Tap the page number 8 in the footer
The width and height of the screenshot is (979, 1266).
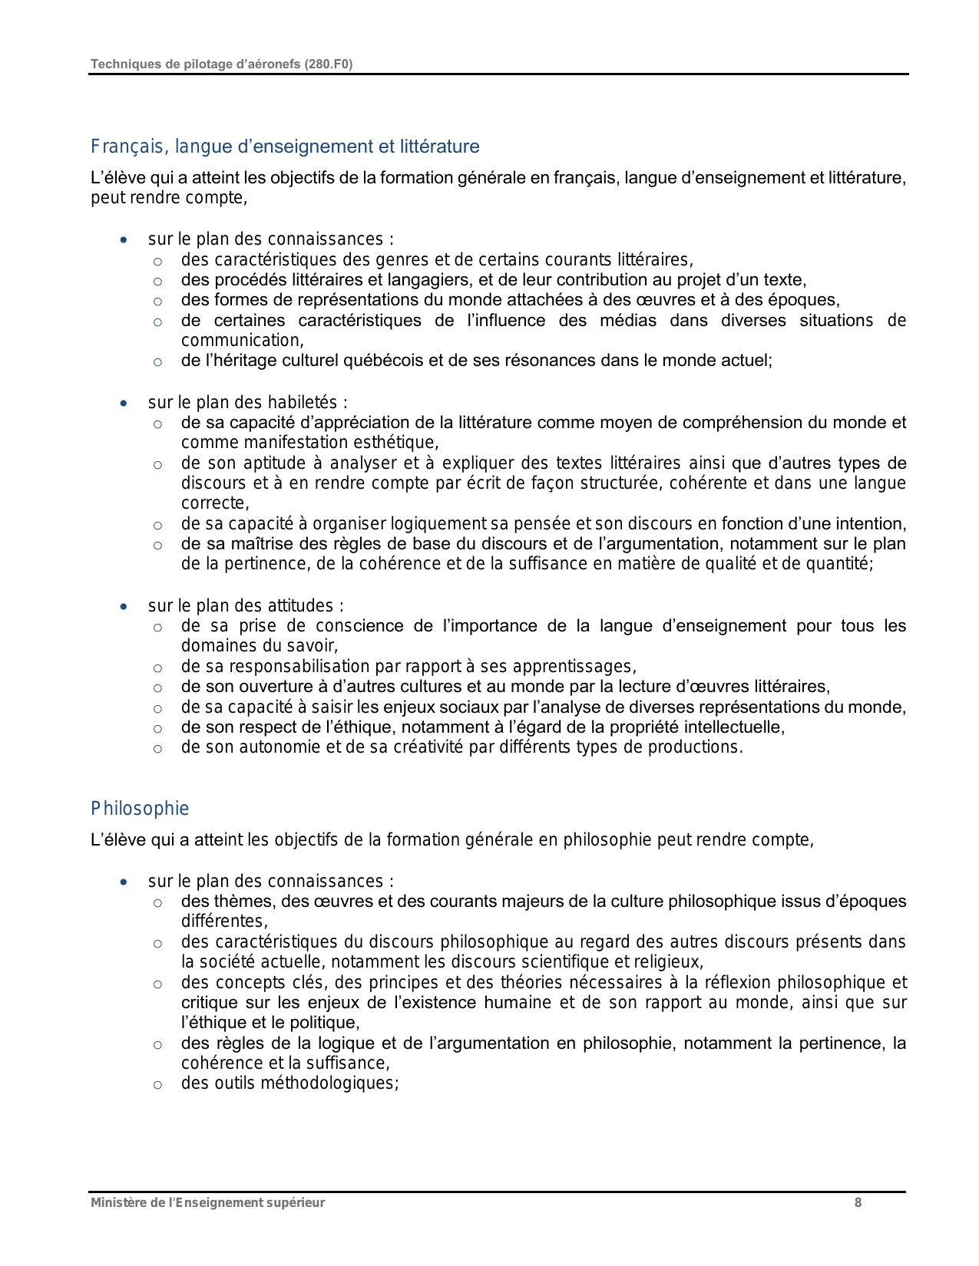[x=858, y=1202]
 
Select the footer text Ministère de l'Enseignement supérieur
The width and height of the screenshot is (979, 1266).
[x=207, y=1202]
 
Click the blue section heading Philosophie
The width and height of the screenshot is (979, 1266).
[x=140, y=809]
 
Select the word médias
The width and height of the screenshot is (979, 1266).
[x=627, y=321]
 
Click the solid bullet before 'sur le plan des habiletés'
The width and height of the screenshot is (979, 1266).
[x=124, y=403]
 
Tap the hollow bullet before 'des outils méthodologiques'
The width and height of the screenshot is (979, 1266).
[x=157, y=1084]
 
